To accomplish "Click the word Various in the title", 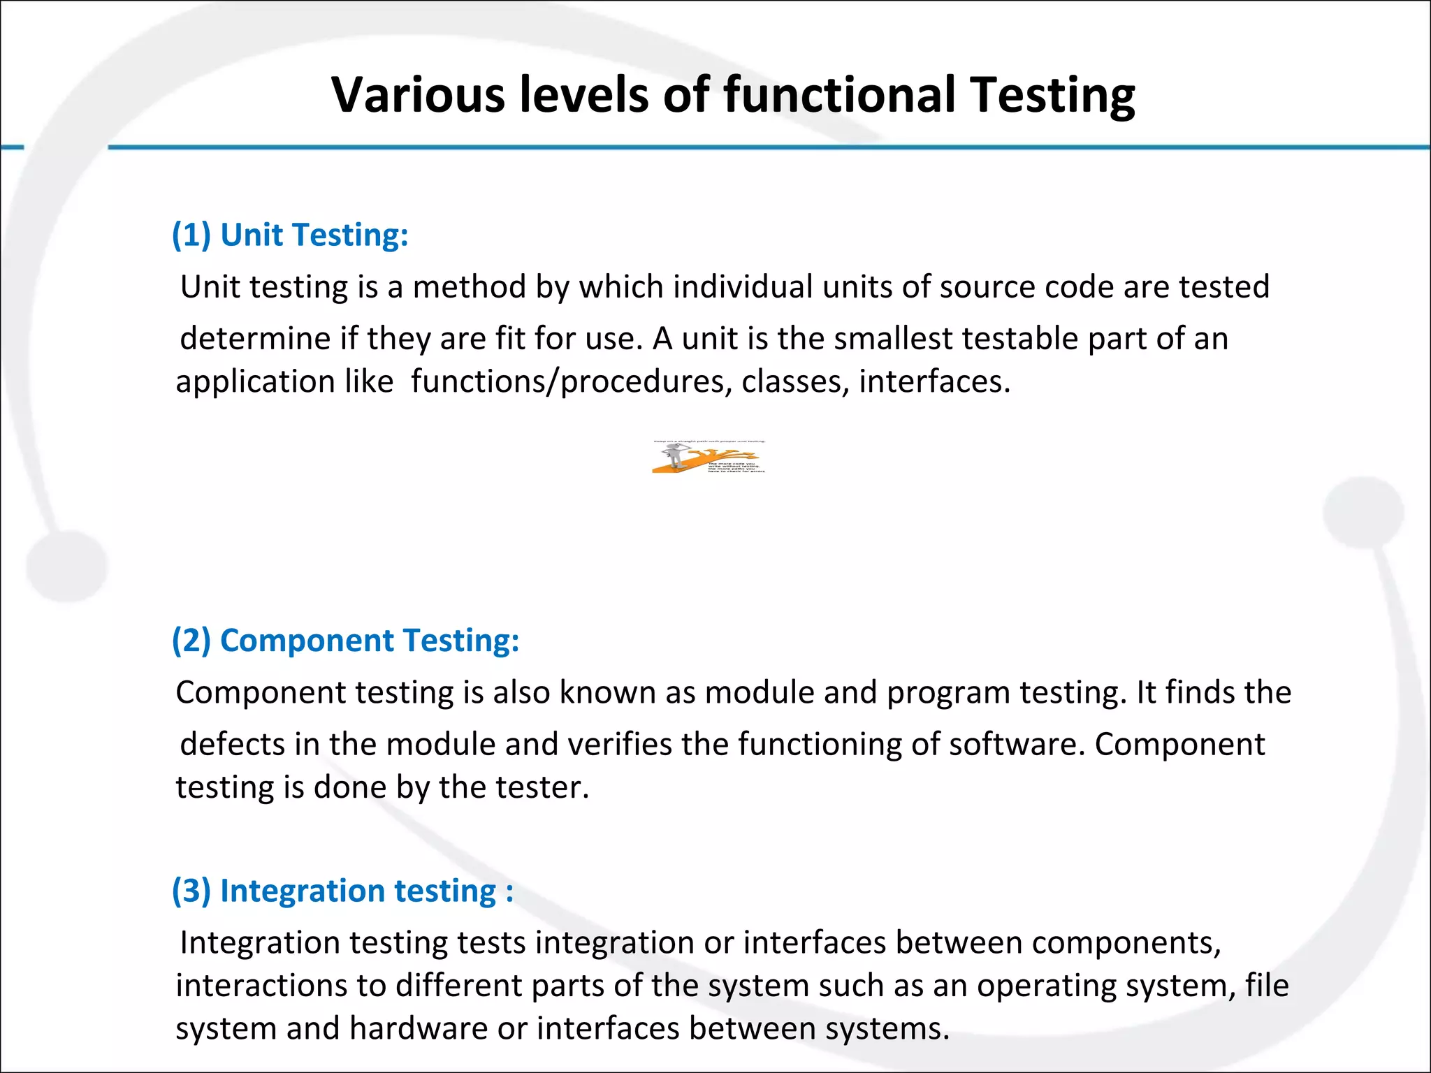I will [x=417, y=94].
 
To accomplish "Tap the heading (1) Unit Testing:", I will [x=290, y=235].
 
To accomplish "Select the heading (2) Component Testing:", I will [x=346, y=641].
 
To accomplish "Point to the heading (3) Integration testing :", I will [x=342, y=891].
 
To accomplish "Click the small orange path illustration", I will [x=709, y=458].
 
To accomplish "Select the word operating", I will [x=1037, y=986].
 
